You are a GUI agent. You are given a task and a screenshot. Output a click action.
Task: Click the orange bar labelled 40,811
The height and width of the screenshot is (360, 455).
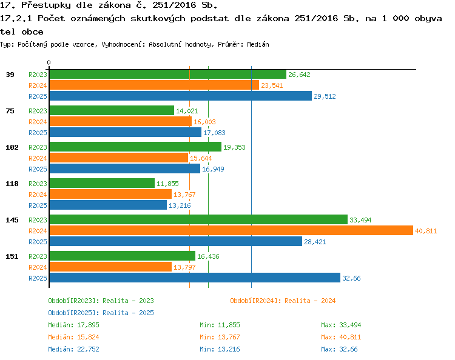pos(231,230)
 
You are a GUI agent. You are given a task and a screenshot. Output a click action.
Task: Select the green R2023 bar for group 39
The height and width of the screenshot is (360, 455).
pos(168,74)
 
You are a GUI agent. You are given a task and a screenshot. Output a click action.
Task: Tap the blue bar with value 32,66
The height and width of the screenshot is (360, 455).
pos(195,278)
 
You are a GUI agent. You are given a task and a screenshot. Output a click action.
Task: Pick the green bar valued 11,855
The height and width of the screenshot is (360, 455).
pos(102,183)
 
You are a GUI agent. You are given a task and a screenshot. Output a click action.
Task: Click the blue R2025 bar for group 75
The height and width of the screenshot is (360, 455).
pos(126,132)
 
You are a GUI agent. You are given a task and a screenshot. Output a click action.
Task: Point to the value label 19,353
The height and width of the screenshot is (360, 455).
pos(234,147)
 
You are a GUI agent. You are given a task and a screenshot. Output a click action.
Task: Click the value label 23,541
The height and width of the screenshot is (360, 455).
pos(272,85)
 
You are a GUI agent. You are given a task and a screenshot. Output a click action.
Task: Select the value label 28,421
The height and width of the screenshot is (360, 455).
pos(315,242)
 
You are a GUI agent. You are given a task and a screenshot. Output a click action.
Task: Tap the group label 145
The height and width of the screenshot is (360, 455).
pos(12,220)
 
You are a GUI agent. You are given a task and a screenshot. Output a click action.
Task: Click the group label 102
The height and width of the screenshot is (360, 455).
pos(12,147)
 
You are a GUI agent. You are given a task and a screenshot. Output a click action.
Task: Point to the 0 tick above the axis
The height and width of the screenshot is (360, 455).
pos(49,62)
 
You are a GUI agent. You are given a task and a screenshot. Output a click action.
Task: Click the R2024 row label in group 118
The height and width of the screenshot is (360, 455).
pos(38,195)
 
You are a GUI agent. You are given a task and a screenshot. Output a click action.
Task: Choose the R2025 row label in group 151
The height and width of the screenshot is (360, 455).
pos(38,278)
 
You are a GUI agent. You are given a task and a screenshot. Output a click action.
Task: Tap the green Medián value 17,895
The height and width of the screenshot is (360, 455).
pos(88,325)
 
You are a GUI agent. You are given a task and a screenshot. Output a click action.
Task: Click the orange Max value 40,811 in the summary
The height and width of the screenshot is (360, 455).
pos(350,337)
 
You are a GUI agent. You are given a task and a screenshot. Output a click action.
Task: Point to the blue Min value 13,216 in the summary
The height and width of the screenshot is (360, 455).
pos(229,349)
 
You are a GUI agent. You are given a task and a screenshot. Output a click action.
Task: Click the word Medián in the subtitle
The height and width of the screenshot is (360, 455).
pos(258,44)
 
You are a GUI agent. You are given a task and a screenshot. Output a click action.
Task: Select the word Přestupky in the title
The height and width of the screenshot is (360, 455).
pos(46,5)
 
